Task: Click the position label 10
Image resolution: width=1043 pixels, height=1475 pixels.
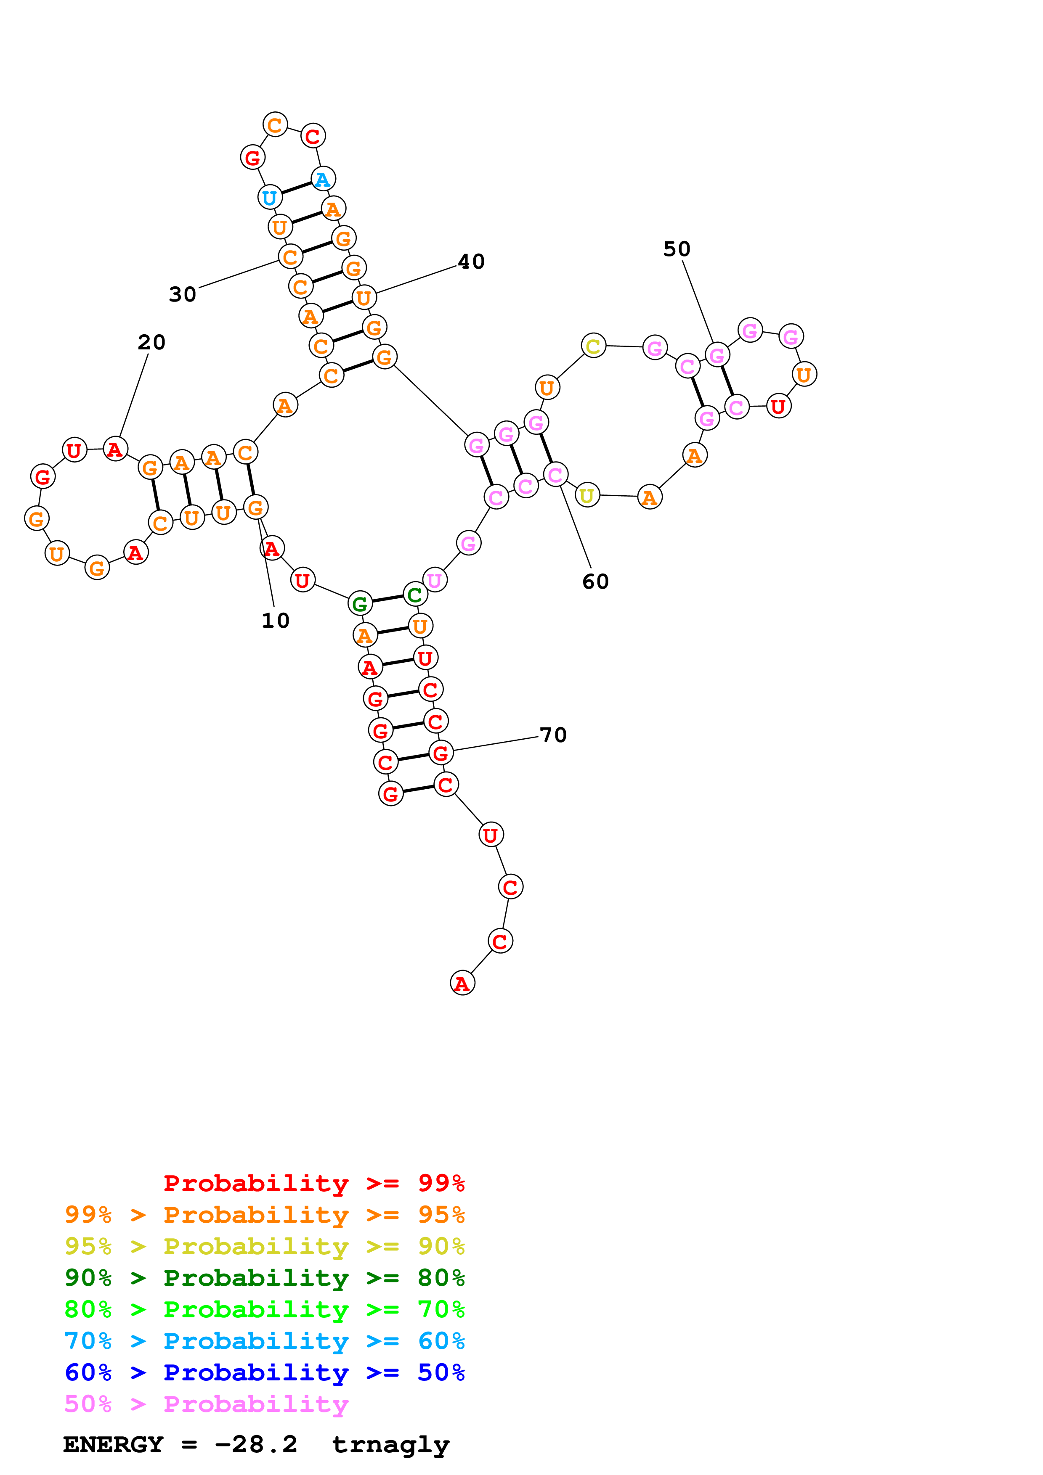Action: click(275, 621)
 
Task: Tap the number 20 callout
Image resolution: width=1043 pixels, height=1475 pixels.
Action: click(151, 342)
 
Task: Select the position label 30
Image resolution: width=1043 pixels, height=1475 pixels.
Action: click(183, 295)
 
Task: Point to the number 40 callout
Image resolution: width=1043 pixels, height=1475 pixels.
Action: click(471, 262)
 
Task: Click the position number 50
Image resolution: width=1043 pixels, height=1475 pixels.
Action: click(677, 249)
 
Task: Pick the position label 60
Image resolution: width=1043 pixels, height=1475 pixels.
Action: click(595, 582)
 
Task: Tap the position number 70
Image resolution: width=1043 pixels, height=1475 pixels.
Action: click(553, 735)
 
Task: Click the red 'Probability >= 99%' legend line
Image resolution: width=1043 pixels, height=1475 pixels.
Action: click(313, 1183)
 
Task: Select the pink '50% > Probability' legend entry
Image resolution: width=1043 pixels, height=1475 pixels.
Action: click(206, 1404)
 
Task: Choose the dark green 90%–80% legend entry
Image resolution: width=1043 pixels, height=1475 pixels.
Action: click(264, 1278)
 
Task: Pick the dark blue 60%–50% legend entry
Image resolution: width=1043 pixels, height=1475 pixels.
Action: click(264, 1373)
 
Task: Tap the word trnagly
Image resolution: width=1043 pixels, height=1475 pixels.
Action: click(391, 1445)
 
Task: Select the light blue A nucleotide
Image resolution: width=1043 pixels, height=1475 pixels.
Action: click(323, 179)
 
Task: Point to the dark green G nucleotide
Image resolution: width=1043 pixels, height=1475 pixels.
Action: click(360, 603)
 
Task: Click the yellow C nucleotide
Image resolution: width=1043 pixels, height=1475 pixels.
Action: click(593, 346)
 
